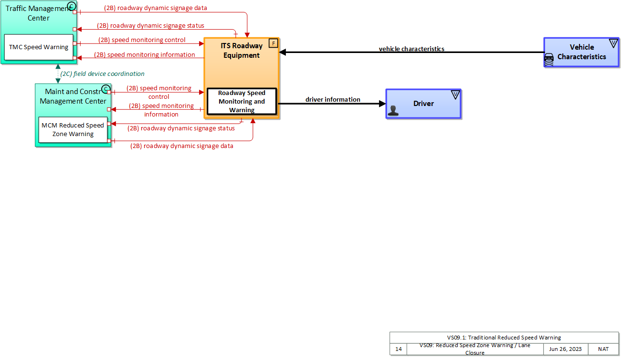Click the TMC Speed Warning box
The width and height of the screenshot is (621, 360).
pyautogui.click(x=39, y=47)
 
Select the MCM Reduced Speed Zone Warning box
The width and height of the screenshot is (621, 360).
pyautogui.click(x=73, y=130)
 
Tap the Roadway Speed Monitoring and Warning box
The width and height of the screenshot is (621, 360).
pyautogui.click(x=242, y=102)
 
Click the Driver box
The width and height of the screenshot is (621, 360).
pyautogui.click(x=423, y=104)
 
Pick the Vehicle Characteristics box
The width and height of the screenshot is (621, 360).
pyautogui.click(x=581, y=52)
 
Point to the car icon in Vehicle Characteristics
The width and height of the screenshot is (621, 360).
pyautogui.click(x=549, y=59)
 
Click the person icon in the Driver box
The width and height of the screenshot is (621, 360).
pyautogui.click(x=393, y=111)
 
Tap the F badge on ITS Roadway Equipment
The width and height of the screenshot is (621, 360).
pyautogui.click(x=274, y=43)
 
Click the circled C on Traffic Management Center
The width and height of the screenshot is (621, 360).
pyautogui.click(x=72, y=6)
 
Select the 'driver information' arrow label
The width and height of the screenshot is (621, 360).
pyautogui.click(x=333, y=100)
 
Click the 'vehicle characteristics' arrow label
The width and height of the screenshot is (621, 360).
pyautogui.click(x=411, y=49)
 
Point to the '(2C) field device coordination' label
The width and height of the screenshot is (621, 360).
pyautogui.click(x=102, y=74)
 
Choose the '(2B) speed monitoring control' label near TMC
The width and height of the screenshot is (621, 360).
pyautogui.click(x=142, y=40)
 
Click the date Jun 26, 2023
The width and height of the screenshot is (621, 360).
pyautogui.click(x=565, y=349)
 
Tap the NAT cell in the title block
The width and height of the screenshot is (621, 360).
pyautogui.click(x=603, y=349)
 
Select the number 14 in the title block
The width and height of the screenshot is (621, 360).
pyautogui.click(x=399, y=349)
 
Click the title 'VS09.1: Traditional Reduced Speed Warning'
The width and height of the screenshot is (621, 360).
pyautogui.click(x=504, y=338)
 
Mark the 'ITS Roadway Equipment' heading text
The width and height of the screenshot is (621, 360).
pyautogui.click(x=242, y=51)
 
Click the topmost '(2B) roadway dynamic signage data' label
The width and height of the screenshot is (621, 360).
pyautogui.click(x=156, y=8)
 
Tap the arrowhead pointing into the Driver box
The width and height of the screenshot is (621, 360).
pyautogui.click(x=382, y=104)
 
